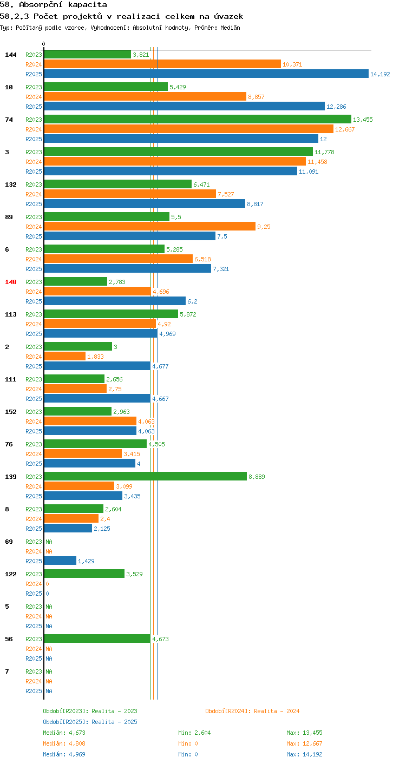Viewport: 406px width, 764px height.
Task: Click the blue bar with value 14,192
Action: click(206, 74)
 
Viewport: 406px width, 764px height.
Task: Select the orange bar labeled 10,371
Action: click(162, 64)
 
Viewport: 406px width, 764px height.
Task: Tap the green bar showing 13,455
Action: click(198, 119)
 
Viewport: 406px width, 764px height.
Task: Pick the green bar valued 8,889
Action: click(145, 476)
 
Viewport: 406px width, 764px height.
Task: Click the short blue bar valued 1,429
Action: click(60, 561)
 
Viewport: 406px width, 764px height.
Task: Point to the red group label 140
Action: click(11, 282)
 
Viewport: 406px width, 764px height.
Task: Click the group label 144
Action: click(11, 55)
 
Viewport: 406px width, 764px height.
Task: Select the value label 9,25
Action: click(264, 227)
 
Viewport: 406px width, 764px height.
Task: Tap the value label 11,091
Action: click(309, 172)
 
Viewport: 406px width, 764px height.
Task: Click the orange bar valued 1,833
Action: click(65, 356)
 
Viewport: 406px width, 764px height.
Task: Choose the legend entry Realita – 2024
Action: click(252, 711)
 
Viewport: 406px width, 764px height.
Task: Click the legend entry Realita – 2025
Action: click(90, 722)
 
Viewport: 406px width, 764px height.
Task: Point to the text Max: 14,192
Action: click(304, 754)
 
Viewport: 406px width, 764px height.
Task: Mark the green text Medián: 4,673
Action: click(64, 733)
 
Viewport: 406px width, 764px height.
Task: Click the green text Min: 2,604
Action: click(194, 733)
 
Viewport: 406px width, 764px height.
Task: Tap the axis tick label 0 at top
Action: click(43, 44)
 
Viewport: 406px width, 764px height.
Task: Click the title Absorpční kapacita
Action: click(63, 5)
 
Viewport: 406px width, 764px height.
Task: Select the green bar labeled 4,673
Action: click(97, 638)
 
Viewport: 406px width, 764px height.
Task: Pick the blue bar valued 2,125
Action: click(68, 528)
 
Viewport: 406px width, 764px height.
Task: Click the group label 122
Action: click(11, 574)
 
